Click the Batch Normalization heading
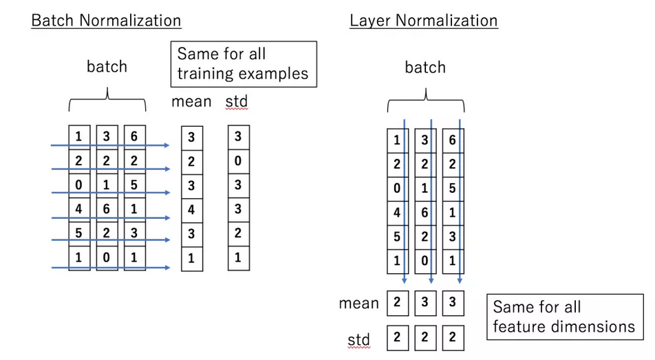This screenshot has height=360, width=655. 106,20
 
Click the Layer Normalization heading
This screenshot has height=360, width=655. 423,20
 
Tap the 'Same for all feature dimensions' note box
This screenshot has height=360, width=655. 564,317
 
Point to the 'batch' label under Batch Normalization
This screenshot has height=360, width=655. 107,67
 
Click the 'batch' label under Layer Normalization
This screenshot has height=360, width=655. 425,67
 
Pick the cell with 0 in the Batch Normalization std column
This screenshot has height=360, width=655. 238,161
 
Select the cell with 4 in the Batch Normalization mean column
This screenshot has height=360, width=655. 191,210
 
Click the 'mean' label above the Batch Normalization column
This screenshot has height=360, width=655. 191,103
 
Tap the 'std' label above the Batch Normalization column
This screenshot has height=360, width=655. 236,103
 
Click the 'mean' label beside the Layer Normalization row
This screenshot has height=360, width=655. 358,304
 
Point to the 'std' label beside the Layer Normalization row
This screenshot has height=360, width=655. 358,339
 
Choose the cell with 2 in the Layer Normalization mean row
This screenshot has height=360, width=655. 397,303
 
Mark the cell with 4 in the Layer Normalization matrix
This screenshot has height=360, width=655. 397,213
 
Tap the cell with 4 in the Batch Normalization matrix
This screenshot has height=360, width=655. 78,209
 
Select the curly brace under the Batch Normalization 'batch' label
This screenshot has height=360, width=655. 107,103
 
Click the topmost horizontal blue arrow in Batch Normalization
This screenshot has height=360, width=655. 110,145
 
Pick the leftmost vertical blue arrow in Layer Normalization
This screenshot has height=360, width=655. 405,200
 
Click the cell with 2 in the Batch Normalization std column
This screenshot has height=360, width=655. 238,233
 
